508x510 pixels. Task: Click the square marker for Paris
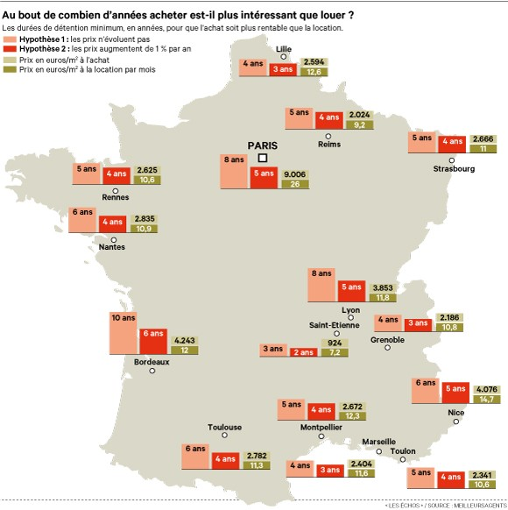(x=263, y=158)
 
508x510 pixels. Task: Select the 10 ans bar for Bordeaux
(x=123, y=333)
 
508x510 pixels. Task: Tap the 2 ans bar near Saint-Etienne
(x=304, y=351)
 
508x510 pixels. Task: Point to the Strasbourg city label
(x=454, y=169)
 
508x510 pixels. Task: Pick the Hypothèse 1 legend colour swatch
(x=10, y=39)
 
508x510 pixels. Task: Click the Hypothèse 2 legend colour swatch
(x=10, y=49)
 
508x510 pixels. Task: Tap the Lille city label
(x=284, y=48)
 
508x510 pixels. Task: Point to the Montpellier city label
(x=321, y=428)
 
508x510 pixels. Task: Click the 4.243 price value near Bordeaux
(x=185, y=339)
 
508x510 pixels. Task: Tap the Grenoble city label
(x=387, y=339)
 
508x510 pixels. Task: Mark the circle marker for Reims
(x=328, y=136)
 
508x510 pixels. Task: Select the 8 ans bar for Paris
(x=233, y=171)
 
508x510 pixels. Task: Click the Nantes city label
(x=112, y=247)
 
